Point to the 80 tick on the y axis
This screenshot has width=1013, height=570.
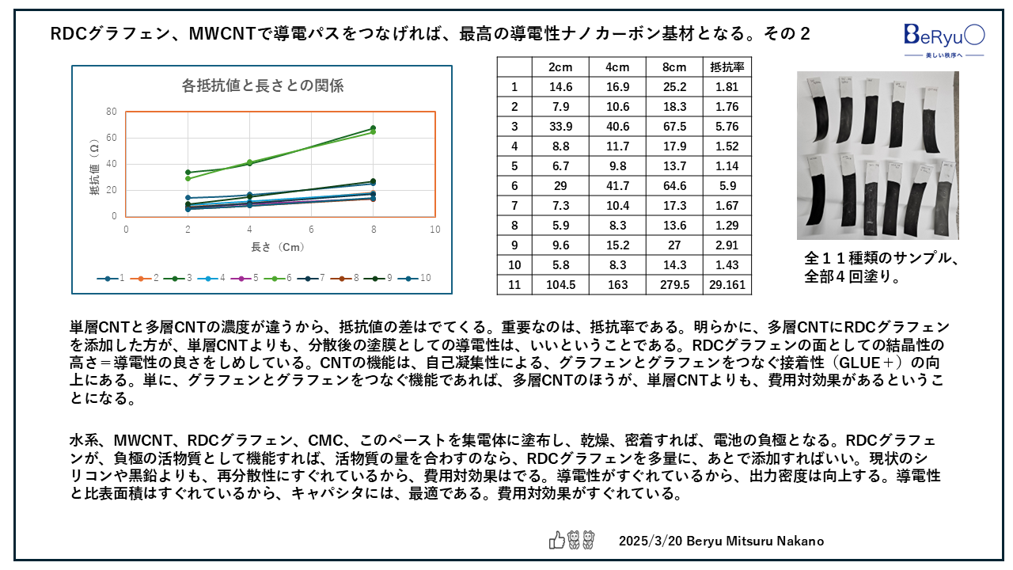pos(112,112)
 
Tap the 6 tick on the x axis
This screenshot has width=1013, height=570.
pos(311,229)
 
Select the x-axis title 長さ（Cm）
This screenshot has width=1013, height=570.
pos(278,247)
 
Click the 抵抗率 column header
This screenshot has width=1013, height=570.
pos(727,67)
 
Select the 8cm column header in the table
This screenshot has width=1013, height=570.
pos(674,67)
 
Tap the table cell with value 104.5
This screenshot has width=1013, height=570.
pos(560,284)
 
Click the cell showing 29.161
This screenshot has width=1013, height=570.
pos(727,284)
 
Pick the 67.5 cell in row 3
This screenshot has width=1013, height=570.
pos(674,127)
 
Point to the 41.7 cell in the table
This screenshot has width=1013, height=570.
pos(617,185)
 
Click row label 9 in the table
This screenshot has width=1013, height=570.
pos(514,245)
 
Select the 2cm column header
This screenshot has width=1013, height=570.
pos(560,67)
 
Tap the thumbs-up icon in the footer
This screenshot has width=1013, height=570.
pos(557,541)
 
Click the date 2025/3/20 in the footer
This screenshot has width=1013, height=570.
pos(646,541)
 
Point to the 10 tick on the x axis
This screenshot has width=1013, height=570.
pos(434,229)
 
